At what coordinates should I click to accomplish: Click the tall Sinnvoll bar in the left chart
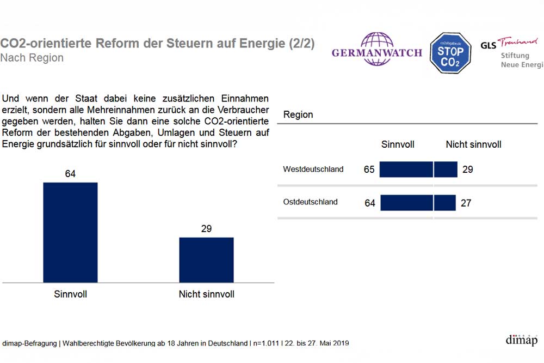(70, 232)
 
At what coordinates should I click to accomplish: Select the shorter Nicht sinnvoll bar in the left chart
(206, 259)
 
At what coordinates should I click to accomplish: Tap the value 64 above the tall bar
(70, 174)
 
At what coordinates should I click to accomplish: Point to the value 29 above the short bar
(206, 229)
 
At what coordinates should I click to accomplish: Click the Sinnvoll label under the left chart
(70, 294)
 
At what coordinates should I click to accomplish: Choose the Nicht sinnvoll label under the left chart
(206, 294)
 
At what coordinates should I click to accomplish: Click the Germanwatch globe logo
(377, 49)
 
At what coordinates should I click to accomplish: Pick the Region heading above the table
(298, 115)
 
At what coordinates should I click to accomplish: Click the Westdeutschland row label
(313, 170)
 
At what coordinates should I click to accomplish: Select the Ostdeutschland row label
(310, 202)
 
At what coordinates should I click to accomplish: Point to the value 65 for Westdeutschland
(369, 170)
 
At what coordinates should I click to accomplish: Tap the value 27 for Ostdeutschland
(465, 203)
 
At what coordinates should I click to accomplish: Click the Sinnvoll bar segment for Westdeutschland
(406, 170)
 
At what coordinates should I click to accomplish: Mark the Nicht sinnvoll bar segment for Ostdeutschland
(445, 203)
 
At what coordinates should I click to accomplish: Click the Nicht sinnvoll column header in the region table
(473, 144)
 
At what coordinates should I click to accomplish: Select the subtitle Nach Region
(32, 58)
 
